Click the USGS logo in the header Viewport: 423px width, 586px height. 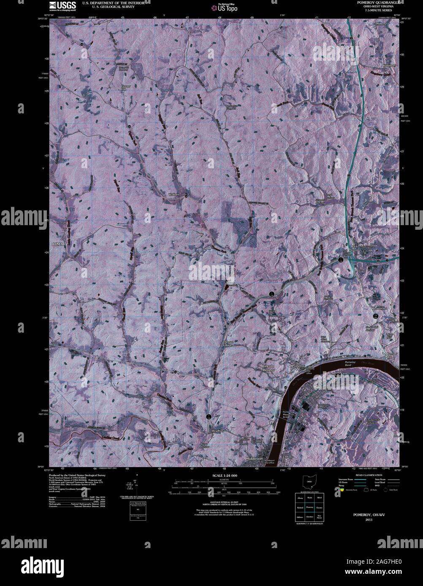[63, 5]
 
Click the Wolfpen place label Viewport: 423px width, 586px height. [174, 194]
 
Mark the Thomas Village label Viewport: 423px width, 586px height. [228, 343]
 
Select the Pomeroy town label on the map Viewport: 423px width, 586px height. [298, 366]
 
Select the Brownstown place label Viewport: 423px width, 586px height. [380, 309]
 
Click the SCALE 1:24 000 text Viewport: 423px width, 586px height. [225, 475]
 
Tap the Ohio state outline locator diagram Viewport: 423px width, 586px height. [309, 481]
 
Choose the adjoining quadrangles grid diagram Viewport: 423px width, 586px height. [309, 509]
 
